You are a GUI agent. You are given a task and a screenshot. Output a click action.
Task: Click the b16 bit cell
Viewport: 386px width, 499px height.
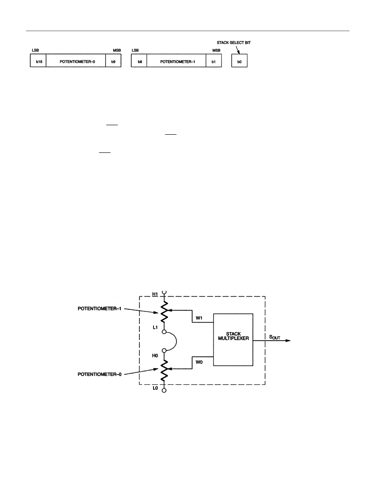(38, 60)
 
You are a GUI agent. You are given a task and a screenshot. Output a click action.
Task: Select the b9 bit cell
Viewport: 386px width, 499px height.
(114, 60)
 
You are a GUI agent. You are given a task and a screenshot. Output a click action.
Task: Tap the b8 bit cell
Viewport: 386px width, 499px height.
(139, 60)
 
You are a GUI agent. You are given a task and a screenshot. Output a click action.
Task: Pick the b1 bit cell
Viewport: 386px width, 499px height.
(214, 60)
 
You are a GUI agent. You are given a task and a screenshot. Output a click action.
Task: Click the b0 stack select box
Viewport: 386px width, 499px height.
(239, 60)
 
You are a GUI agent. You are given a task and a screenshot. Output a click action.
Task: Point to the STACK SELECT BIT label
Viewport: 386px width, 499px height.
(234, 43)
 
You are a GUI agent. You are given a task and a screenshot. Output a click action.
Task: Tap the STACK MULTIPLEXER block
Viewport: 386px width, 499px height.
(233, 340)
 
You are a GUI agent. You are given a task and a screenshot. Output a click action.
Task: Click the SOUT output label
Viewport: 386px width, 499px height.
(275, 337)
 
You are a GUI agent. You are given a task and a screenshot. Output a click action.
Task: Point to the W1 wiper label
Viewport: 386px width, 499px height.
(199, 318)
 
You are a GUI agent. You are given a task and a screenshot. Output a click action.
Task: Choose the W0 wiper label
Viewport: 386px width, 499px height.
(199, 362)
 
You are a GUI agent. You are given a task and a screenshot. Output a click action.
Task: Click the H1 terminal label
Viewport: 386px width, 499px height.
(155, 294)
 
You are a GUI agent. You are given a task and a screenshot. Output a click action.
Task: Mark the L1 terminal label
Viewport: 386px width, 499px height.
(155, 327)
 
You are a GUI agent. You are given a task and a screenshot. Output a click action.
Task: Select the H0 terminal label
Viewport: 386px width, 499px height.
(155, 356)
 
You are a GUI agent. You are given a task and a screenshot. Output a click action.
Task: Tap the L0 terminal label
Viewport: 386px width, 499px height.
(155, 388)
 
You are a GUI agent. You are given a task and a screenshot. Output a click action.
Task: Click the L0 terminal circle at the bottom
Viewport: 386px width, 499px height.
(164, 391)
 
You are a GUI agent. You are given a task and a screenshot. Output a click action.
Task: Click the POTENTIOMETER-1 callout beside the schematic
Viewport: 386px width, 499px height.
(99, 308)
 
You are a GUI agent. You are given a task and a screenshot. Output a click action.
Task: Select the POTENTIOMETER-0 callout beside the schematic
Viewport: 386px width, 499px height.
(99, 374)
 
